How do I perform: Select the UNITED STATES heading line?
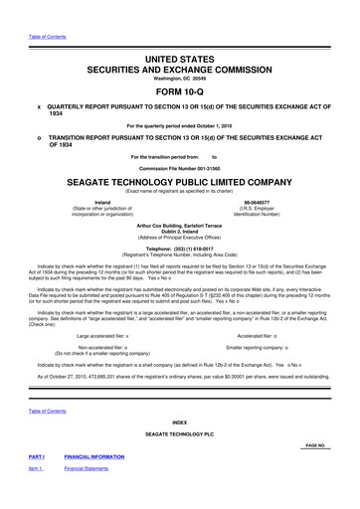180,59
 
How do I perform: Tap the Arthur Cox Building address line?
180,227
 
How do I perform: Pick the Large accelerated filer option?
101,336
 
